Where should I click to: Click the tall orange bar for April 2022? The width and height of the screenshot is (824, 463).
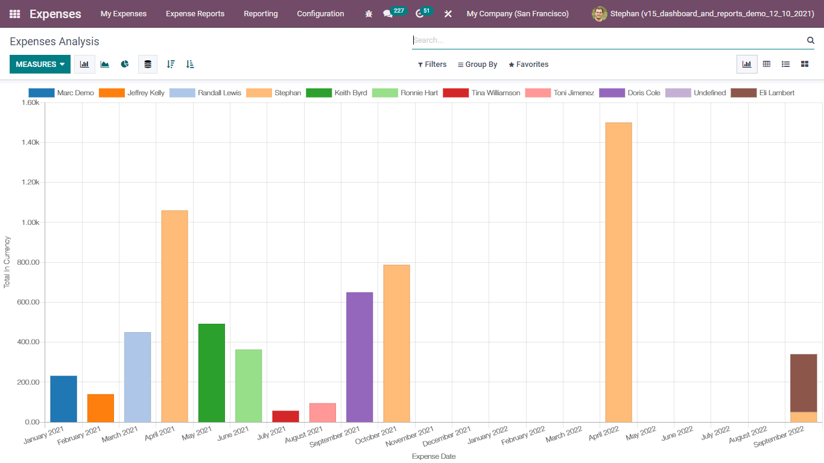coord(618,271)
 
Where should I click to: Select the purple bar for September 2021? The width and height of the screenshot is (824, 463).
coord(360,357)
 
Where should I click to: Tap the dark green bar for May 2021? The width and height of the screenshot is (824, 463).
coord(211,373)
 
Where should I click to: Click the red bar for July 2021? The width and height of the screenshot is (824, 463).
coord(285,416)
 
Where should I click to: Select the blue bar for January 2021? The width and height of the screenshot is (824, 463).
coord(63,398)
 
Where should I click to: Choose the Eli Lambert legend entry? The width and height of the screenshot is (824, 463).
coord(762,93)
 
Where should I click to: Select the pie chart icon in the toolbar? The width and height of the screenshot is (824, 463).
coord(125,64)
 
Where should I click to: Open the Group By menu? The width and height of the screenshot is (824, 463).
coord(477,65)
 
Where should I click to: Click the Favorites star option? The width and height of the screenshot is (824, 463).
coord(528,65)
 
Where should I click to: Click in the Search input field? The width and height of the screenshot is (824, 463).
coord(606,40)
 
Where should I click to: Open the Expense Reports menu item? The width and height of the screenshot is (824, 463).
coord(195,14)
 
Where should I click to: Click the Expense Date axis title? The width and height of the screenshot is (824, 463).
coord(434,456)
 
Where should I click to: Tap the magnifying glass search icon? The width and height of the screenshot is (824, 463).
coord(811,40)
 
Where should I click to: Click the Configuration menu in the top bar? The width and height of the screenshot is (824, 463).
coord(320,14)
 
